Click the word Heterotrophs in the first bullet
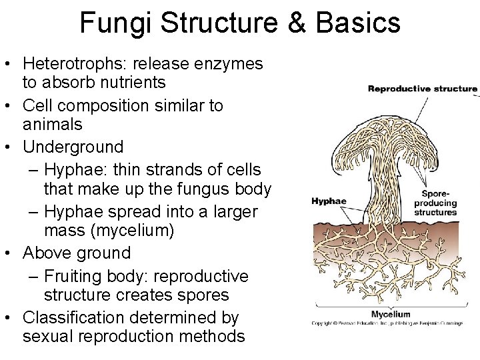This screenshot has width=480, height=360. point(76,64)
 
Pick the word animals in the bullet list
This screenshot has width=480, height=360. point(53,125)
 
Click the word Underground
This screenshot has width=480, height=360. point(73,147)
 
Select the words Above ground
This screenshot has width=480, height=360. point(77,253)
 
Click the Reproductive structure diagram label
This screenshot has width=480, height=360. point(423,88)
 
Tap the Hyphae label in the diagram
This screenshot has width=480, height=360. point(329,201)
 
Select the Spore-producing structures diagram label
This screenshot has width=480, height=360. point(435,203)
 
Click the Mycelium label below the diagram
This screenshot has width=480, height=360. point(391,314)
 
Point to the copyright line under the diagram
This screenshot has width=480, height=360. point(387,323)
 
